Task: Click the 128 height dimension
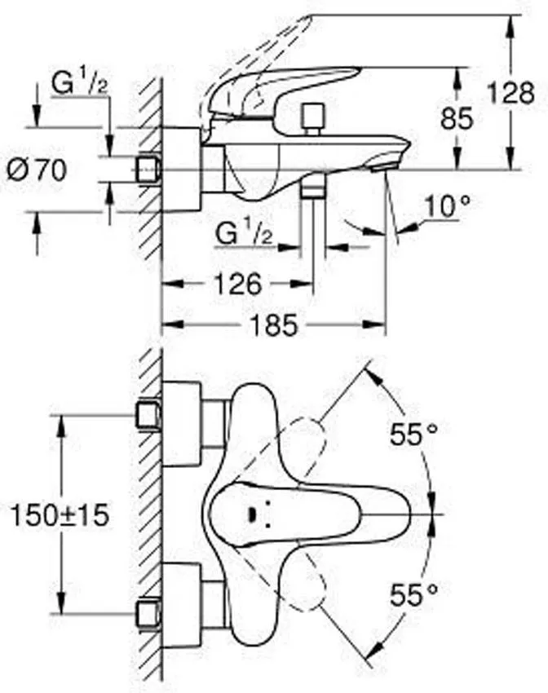(510, 93)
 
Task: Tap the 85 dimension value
(457, 118)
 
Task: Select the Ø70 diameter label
(37, 170)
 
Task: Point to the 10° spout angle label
(447, 206)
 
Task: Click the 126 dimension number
(238, 284)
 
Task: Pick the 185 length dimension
(274, 325)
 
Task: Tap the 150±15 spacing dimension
(60, 515)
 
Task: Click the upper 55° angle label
(413, 434)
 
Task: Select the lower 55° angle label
(413, 594)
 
